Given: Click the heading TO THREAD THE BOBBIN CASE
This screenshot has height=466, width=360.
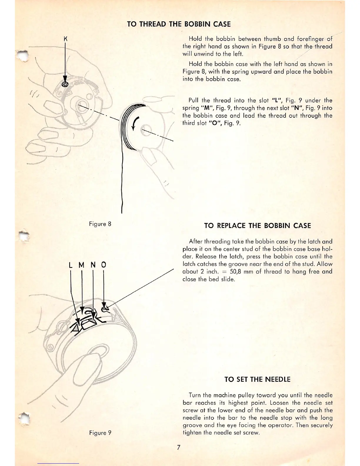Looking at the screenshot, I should coord(179,24).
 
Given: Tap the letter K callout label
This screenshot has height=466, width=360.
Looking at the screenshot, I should coord(66,39).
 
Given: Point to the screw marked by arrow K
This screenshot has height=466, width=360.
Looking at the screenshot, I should coord(65,84).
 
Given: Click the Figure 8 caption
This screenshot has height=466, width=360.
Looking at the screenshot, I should coord(100,224).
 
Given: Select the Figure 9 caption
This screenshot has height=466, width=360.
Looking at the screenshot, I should coord(100,433).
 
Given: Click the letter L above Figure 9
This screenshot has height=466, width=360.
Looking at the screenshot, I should coord(70,265).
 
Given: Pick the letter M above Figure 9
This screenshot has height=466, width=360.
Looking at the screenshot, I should coord(81,265).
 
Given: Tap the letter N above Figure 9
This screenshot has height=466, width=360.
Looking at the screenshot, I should coord(93,265).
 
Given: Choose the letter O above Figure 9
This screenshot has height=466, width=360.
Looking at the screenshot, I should coord(104,265).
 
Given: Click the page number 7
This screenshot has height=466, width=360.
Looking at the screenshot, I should coord(179,448).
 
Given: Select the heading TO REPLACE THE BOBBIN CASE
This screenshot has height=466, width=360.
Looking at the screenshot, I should coord(257,226).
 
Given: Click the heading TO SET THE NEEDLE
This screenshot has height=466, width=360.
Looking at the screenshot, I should coord(257,380).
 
